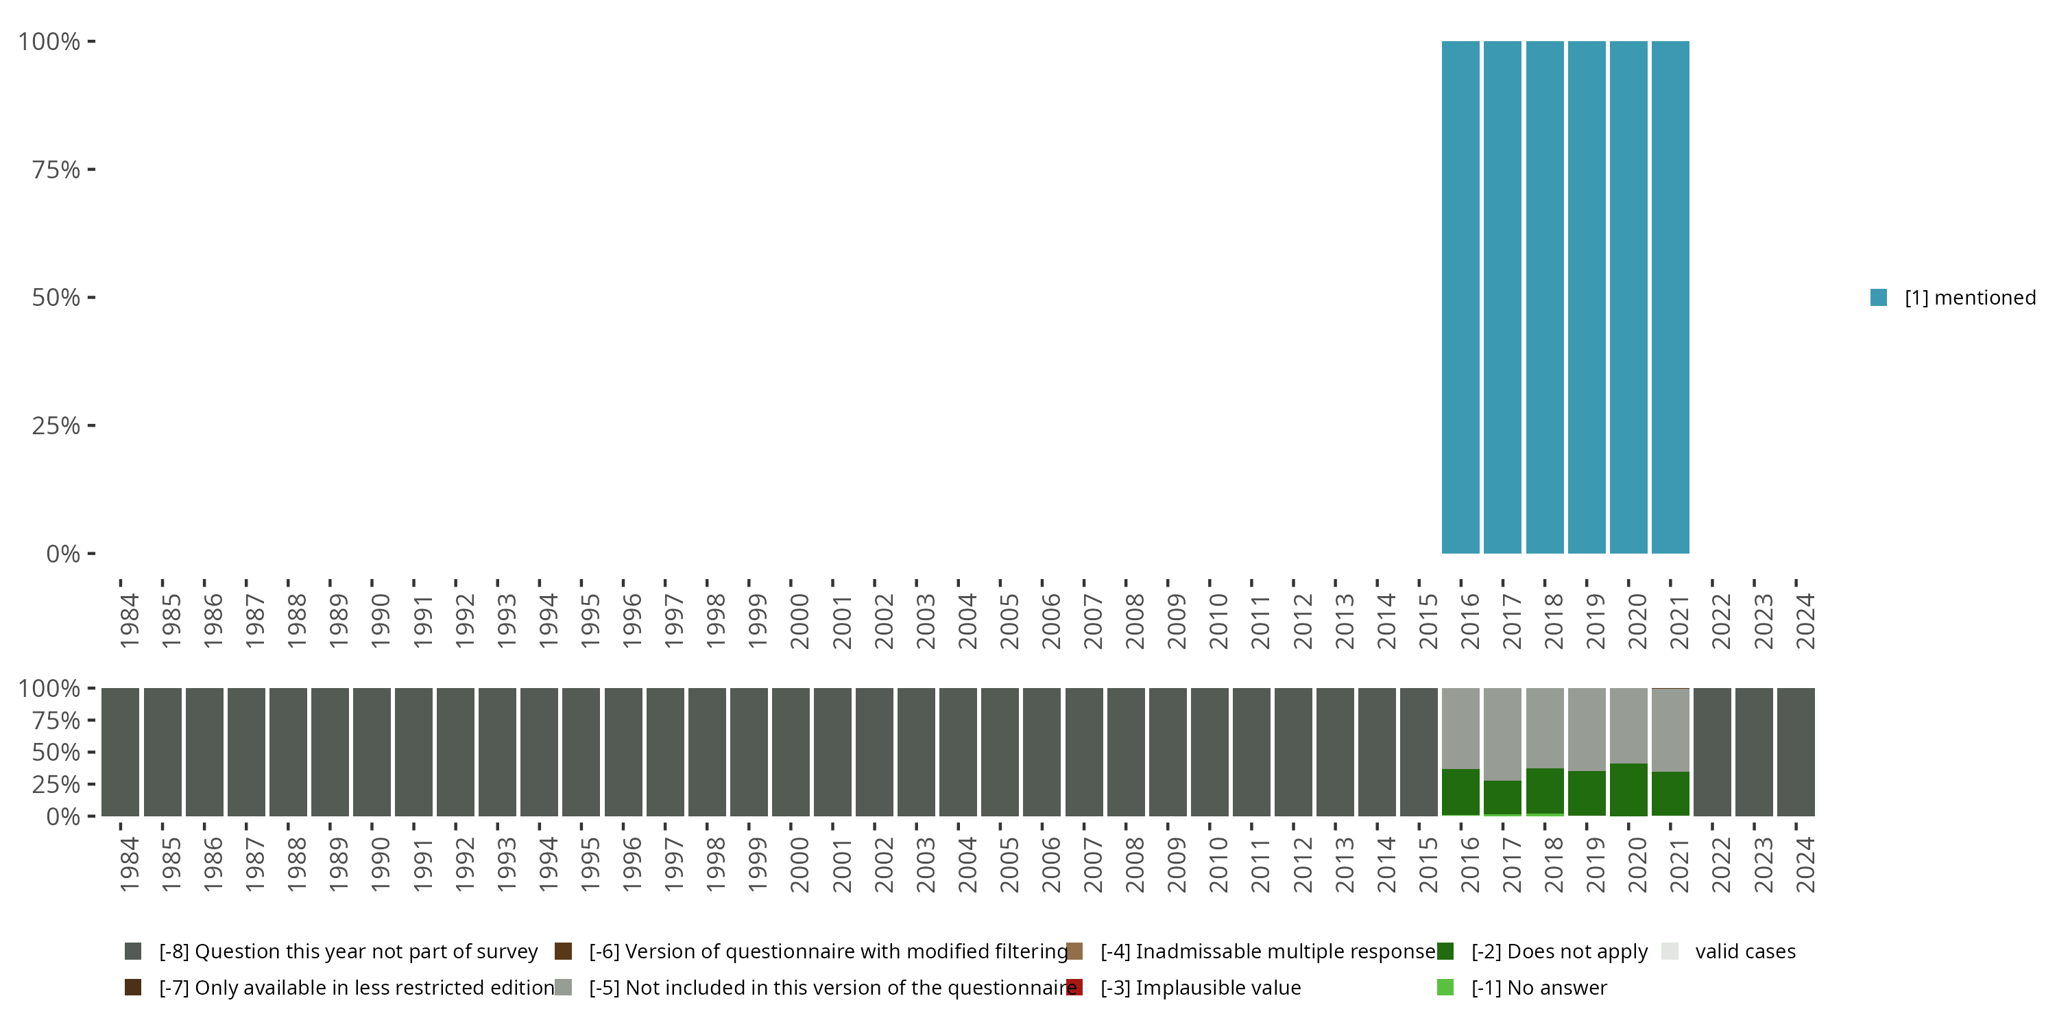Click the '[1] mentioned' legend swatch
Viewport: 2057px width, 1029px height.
pyautogui.click(x=1878, y=298)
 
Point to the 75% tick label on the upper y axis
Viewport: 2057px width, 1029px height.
pyautogui.click(x=56, y=169)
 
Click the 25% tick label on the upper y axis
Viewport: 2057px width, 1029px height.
pyautogui.click(x=56, y=426)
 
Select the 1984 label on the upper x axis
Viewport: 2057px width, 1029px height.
pyautogui.click(x=130, y=621)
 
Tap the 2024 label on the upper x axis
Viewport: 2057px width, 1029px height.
pyautogui.click(x=1805, y=621)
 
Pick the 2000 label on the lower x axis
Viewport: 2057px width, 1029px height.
pyautogui.click(x=799, y=864)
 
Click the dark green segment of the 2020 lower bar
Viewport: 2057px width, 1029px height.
pyautogui.click(x=1628, y=790)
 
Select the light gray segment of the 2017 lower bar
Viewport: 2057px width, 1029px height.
pyautogui.click(x=1502, y=733)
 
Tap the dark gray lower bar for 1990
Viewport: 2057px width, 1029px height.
pyautogui.click(x=372, y=752)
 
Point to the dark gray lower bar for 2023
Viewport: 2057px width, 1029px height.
pyautogui.click(x=1753, y=752)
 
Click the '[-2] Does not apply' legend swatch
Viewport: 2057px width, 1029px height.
pyautogui.click(x=1445, y=951)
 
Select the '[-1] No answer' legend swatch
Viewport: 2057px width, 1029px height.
pyautogui.click(x=1445, y=987)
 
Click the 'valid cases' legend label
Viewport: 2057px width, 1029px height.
pyautogui.click(x=1745, y=951)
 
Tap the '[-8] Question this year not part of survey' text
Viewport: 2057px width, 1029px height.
pyautogui.click(x=348, y=951)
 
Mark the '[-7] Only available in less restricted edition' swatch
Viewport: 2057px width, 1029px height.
pyautogui.click(x=133, y=987)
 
